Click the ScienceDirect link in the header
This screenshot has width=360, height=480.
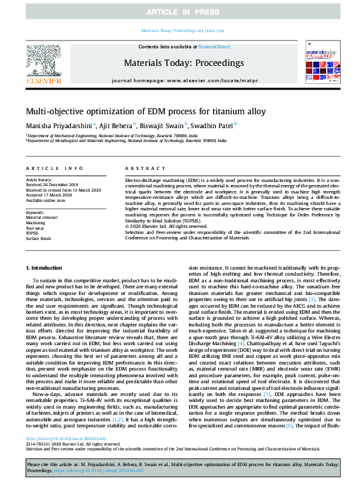(214, 47)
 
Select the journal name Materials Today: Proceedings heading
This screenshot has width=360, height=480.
(183, 63)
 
